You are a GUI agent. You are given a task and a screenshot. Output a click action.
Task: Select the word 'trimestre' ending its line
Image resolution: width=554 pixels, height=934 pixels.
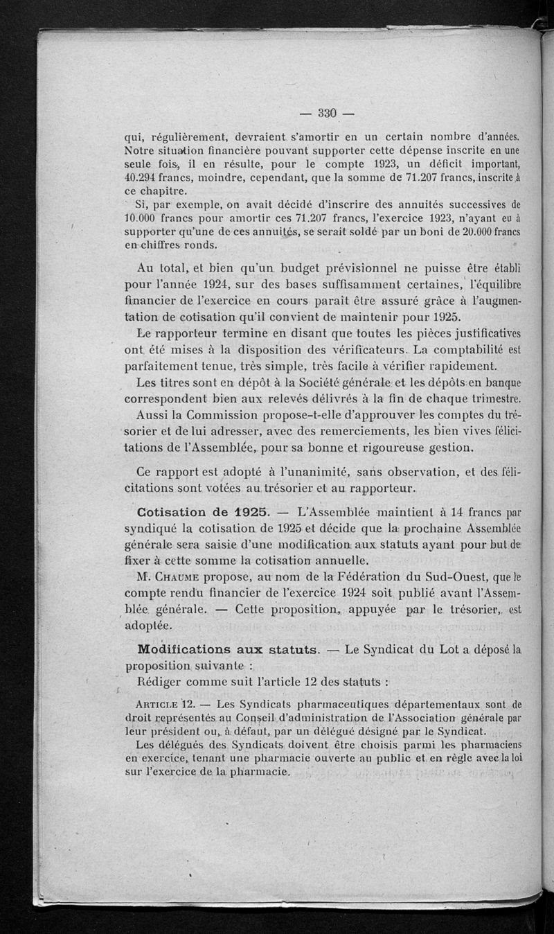tap(493, 399)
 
